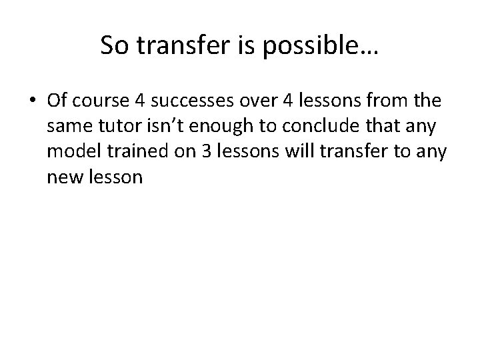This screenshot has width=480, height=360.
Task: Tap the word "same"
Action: [x=68, y=125]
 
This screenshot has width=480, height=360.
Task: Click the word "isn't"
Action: [x=162, y=125]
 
